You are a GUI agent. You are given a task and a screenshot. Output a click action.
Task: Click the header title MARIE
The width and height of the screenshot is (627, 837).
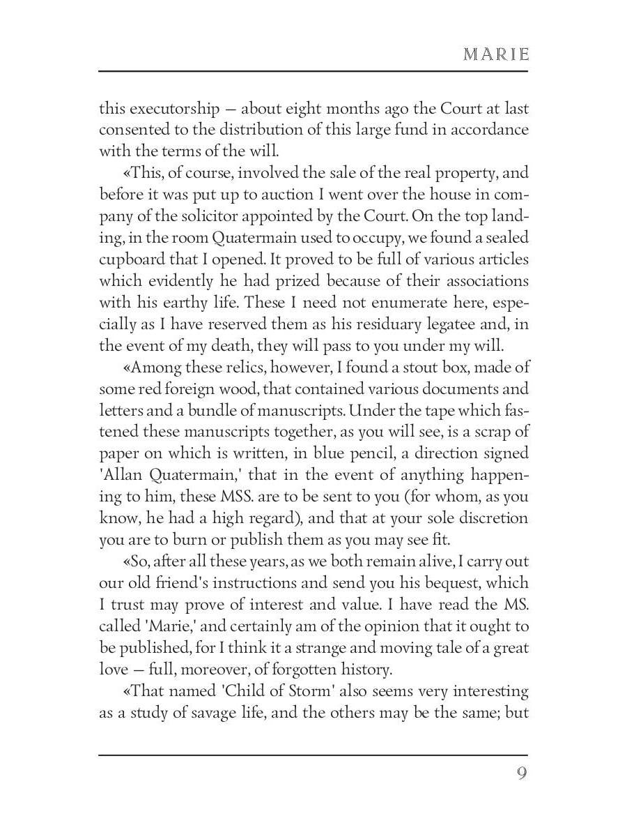pos(495,54)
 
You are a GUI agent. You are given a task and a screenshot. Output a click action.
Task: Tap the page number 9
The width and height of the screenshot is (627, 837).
pos(522,774)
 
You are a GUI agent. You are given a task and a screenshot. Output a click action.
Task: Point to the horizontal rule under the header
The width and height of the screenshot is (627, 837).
pos(313,71)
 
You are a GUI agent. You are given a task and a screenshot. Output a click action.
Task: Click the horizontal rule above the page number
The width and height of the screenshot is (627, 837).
pos(313,755)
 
